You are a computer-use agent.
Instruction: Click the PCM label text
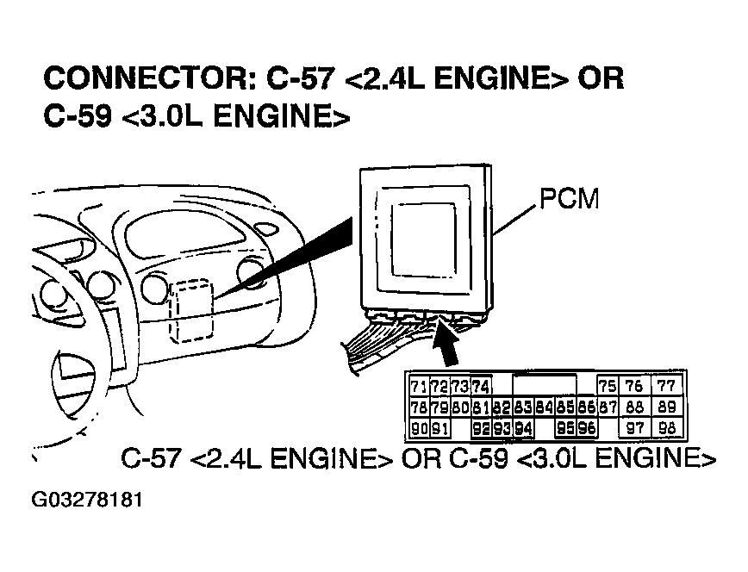[x=569, y=200]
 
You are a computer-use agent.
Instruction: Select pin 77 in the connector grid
[x=665, y=386]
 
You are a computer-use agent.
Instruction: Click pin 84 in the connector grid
[x=543, y=407]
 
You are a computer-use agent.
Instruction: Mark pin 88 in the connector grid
[x=636, y=407]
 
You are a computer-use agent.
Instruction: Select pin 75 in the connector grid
[x=608, y=386]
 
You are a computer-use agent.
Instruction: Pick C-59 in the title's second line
[x=78, y=117]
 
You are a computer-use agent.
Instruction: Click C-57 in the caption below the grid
[x=151, y=458]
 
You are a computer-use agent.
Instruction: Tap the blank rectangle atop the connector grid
[x=545, y=385]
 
